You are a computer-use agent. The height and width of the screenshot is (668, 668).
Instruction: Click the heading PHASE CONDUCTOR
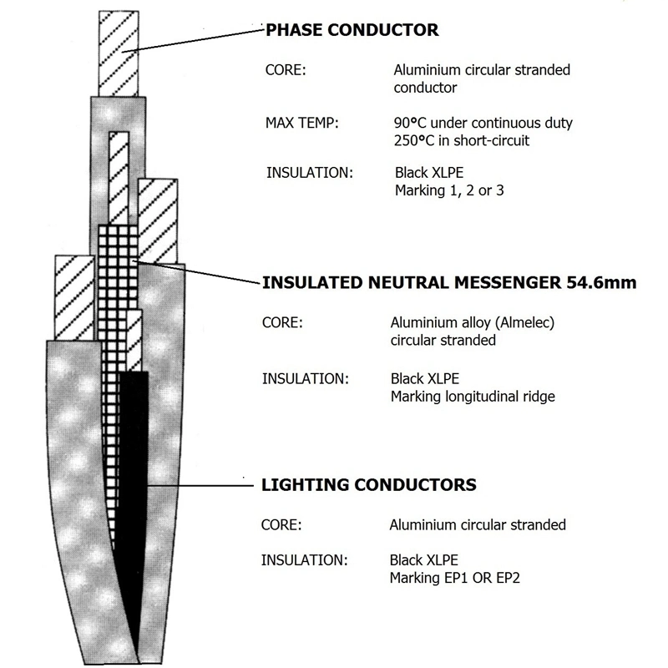pyautogui.click(x=352, y=30)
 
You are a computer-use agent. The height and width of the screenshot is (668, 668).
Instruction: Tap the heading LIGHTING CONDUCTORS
pyautogui.click(x=368, y=485)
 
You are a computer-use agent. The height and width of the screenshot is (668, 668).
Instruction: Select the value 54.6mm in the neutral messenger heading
pyautogui.click(x=601, y=282)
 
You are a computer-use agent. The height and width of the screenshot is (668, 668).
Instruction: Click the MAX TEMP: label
pyautogui.click(x=301, y=123)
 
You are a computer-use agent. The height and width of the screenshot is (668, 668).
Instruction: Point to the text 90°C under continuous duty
pyautogui.click(x=483, y=123)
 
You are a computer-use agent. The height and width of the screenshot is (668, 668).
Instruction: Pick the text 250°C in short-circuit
pyautogui.click(x=462, y=140)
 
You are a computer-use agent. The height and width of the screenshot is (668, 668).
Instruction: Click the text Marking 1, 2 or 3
pyautogui.click(x=449, y=190)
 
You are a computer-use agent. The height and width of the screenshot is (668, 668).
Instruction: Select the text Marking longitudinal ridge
pyautogui.click(x=473, y=397)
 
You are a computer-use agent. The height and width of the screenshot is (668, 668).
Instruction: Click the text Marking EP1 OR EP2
pyautogui.click(x=454, y=578)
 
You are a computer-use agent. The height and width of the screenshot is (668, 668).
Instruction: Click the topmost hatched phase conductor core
pyautogui.click(x=119, y=53)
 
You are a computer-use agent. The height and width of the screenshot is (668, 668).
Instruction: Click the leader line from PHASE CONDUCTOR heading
pyautogui.click(x=193, y=41)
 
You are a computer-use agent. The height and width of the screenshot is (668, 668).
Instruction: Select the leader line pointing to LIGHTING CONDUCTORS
pyautogui.click(x=200, y=485)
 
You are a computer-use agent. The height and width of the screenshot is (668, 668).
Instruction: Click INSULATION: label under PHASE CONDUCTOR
pyautogui.click(x=310, y=173)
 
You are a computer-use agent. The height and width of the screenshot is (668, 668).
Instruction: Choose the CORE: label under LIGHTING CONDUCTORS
pyautogui.click(x=281, y=525)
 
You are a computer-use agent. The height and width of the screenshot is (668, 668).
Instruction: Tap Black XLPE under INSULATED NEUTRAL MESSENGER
pyautogui.click(x=425, y=379)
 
